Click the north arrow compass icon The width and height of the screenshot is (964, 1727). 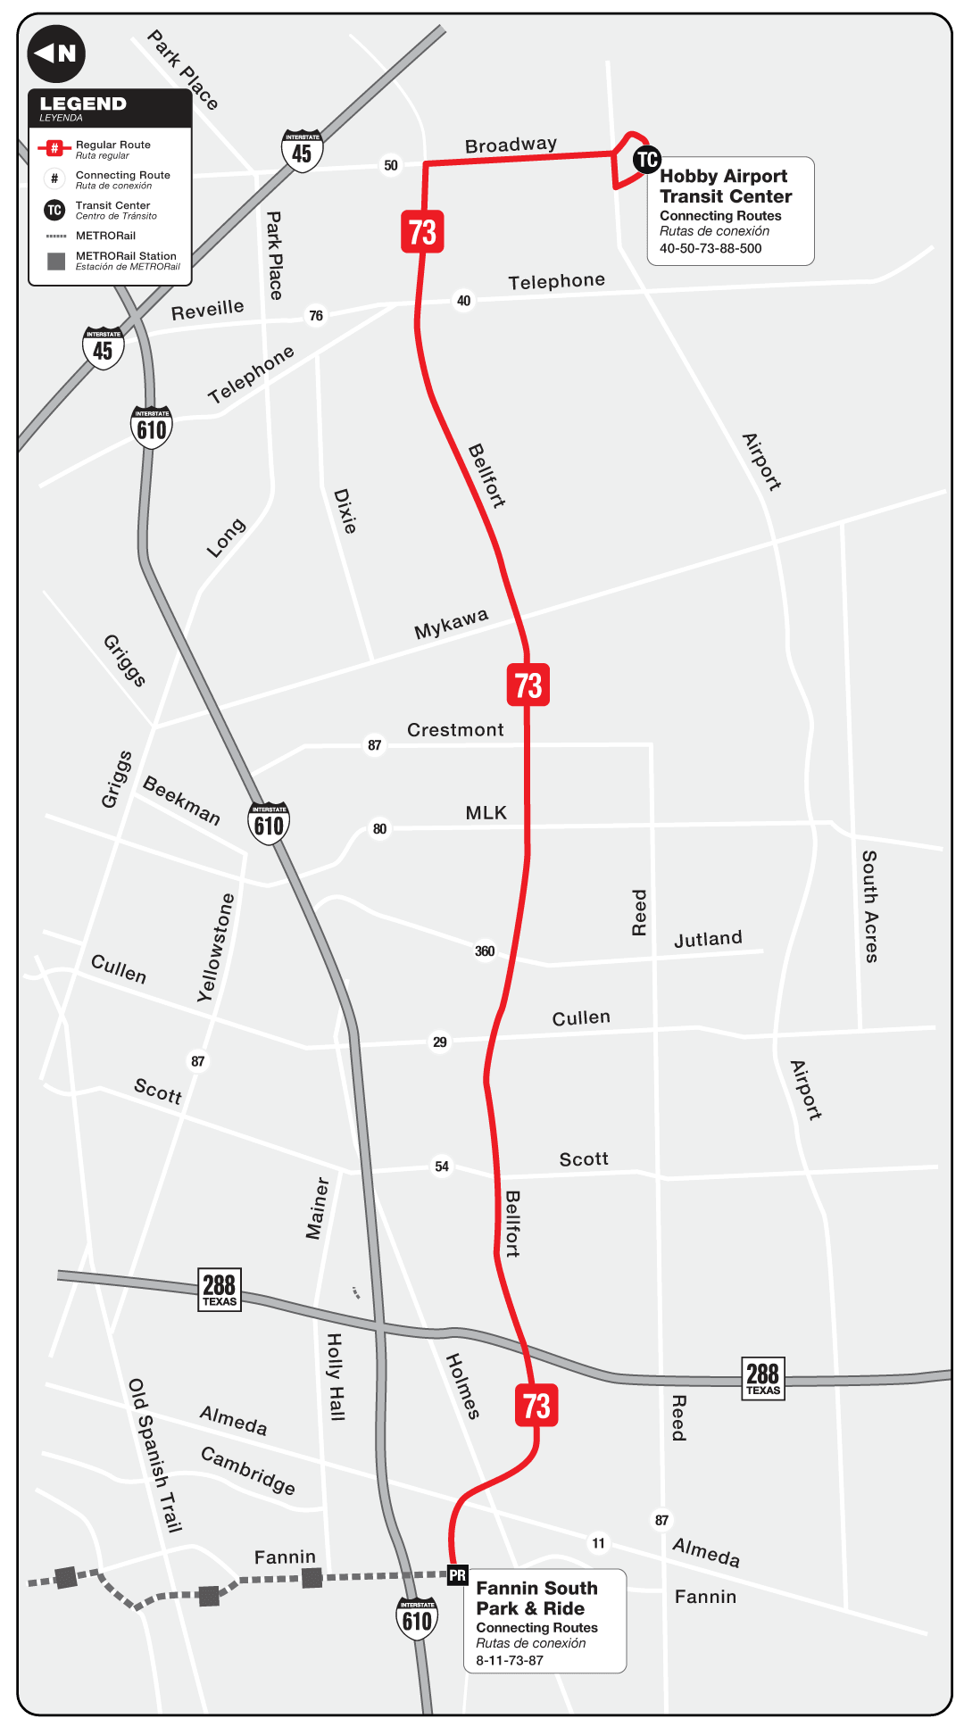pos(56,54)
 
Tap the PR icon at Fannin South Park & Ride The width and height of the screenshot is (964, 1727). pos(458,1575)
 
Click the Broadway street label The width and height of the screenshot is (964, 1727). pos(511,145)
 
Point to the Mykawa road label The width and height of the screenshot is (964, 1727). pos(451,624)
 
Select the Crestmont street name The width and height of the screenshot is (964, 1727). pos(455,730)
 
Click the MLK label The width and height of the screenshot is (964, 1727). pos(486,813)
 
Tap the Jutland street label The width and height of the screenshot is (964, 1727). pos(708,939)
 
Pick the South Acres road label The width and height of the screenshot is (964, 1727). pos(869,906)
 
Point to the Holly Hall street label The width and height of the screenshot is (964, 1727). pos(335,1376)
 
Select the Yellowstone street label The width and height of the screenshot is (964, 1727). pos(215,948)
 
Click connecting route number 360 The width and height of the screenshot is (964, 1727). pos(485,951)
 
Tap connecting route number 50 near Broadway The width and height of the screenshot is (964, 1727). pos(391,165)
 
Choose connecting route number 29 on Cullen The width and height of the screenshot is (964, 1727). pos(440,1042)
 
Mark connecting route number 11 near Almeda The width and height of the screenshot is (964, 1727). pos(598,1543)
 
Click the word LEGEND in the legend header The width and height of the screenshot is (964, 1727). pos(83,104)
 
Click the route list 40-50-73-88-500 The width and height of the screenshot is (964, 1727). pos(711,249)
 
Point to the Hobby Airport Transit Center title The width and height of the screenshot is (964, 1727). pos(725,187)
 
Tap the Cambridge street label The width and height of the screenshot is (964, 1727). pos(247,1470)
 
